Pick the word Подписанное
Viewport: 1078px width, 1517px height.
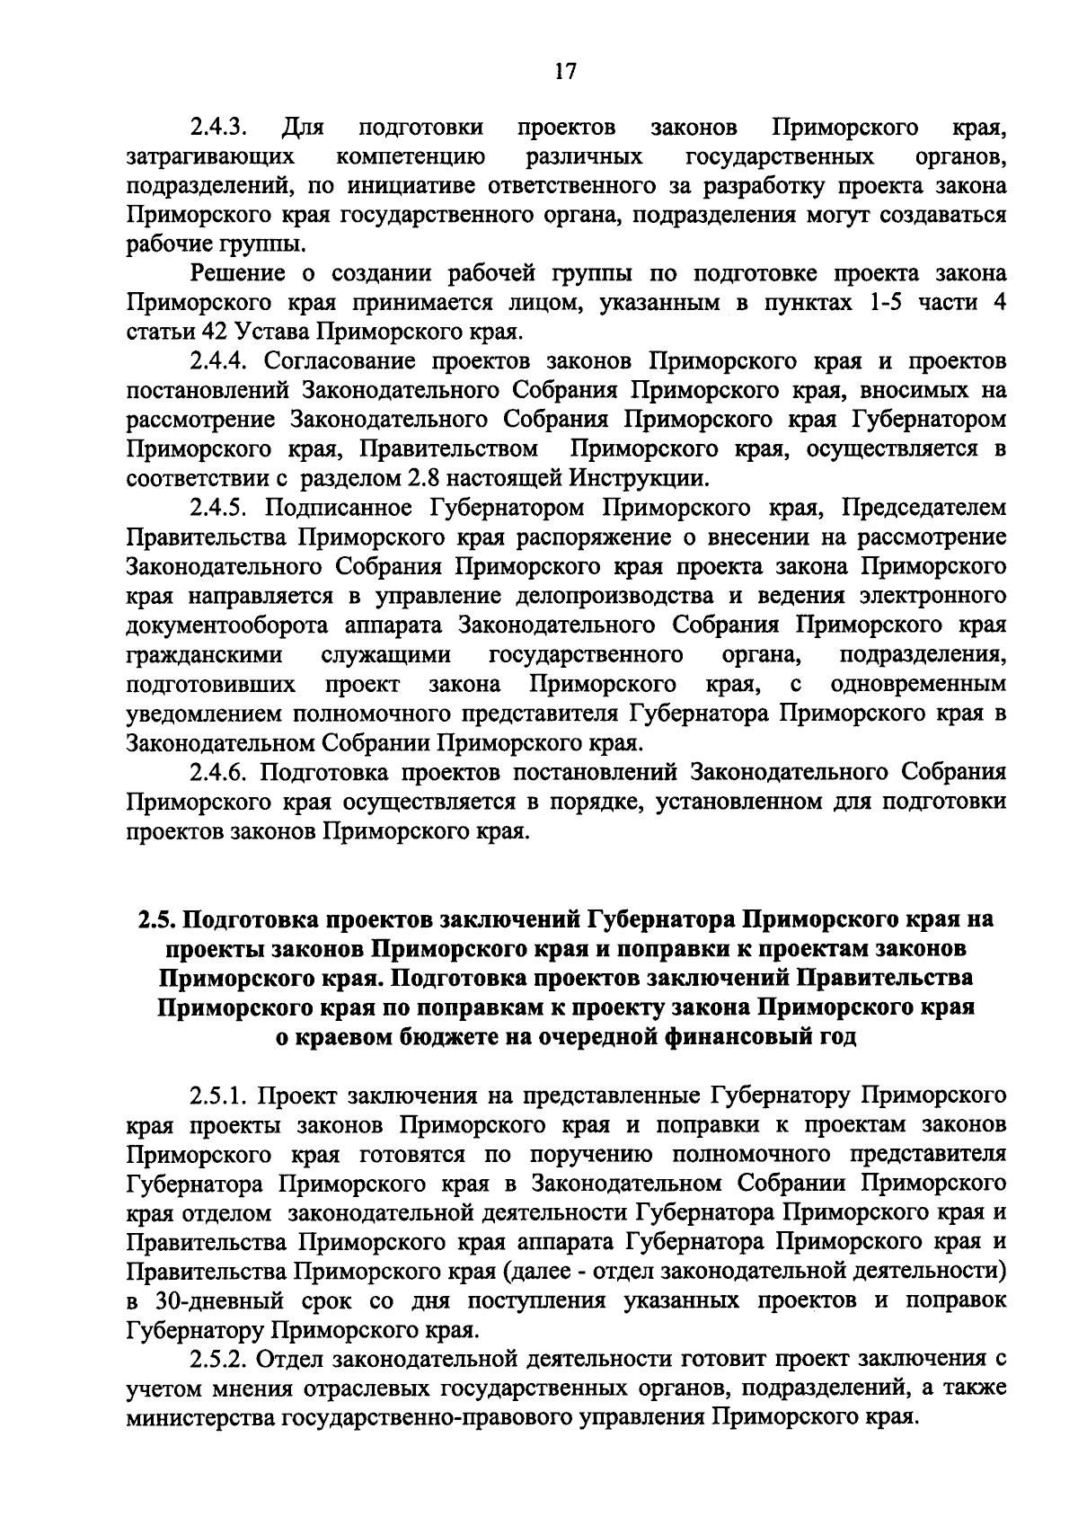click(333, 509)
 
